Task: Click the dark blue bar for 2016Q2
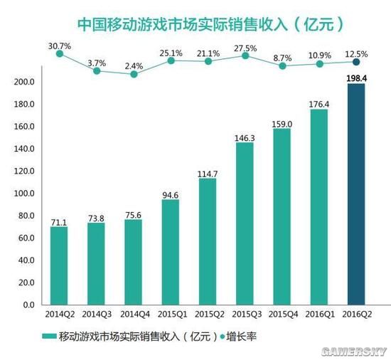point(356,194)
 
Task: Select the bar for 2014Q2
point(59,265)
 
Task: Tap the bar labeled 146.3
point(245,223)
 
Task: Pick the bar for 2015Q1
point(171,252)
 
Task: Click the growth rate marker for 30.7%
point(59,53)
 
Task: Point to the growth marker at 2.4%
point(134,74)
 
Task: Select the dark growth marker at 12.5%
point(356,63)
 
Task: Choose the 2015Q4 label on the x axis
point(282,314)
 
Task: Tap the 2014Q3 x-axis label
point(96,314)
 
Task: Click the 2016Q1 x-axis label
point(318,314)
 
